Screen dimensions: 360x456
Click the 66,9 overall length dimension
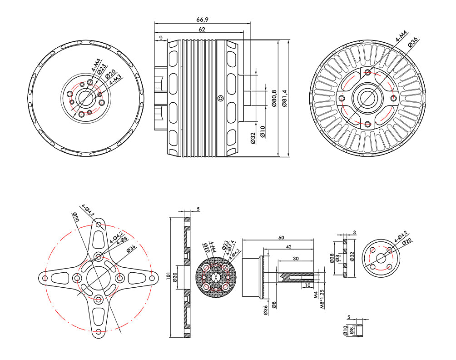[202, 20]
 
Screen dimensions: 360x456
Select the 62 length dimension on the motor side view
[202, 30]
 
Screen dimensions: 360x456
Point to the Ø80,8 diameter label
[274, 98]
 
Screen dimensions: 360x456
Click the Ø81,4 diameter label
[285, 98]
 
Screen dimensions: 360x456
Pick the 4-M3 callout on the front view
[116, 83]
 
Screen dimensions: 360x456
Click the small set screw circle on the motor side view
[220, 97]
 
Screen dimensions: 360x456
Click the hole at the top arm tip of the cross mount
[99, 224]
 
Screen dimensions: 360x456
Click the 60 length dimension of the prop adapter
[281, 237]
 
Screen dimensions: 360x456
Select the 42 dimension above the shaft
[289, 247]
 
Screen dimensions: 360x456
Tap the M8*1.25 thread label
[323, 299]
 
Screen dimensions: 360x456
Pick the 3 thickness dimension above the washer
[354, 232]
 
